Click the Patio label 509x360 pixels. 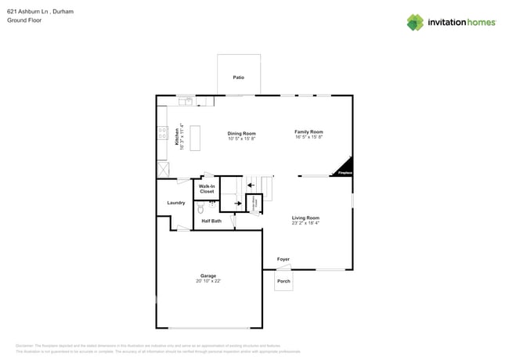click(238, 77)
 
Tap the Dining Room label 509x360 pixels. click(241, 133)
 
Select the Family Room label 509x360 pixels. click(309, 131)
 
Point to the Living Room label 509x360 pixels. click(305, 218)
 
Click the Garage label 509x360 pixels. click(208, 275)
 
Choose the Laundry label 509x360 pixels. click(176, 203)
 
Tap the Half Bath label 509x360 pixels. click(211, 221)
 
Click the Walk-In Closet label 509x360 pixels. click(207, 189)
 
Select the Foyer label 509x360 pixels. click(283, 259)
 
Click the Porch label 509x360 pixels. click(283, 281)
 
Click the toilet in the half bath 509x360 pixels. click(200, 208)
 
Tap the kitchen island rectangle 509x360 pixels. click(194, 138)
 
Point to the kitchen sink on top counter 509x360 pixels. click(186, 101)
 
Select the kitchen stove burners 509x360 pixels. click(162, 133)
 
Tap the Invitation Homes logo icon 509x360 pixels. click(415, 23)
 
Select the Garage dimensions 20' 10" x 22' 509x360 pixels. click(208, 281)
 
